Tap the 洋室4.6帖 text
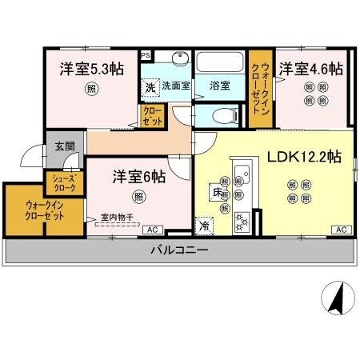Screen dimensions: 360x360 point(310,70)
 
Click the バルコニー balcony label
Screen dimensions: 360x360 point(180,250)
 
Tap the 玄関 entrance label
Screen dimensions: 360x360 point(63,146)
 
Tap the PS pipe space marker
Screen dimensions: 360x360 point(146,55)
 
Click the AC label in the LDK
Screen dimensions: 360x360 point(340,230)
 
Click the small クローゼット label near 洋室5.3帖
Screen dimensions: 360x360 point(152,116)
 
